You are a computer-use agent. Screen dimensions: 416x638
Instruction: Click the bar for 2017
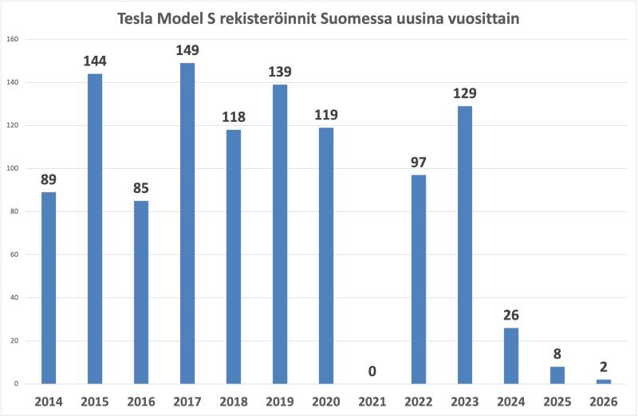coord(187,223)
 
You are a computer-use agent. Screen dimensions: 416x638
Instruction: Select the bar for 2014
coord(49,288)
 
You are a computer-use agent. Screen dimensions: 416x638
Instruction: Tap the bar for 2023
coord(464,245)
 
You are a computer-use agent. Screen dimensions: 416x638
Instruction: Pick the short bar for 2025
coord(557,375)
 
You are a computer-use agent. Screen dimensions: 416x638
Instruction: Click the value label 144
coord(95,61)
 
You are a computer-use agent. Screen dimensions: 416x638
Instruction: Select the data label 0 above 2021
coord(372,371)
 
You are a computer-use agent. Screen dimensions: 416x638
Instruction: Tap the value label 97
coord(418,163)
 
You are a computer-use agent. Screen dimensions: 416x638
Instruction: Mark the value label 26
coord(510,316)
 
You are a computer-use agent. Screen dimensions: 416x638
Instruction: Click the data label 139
coord(279,72)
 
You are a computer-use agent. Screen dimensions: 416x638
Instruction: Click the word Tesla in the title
coord(139,18)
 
